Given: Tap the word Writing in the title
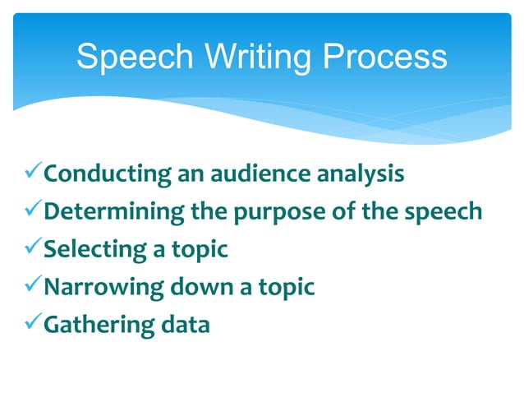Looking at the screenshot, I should [x=251, y=57].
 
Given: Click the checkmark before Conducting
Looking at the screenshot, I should [x=30, y=173].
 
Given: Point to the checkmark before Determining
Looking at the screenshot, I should [x=30, y=211].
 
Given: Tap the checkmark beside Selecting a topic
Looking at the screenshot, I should [x=30, y=249].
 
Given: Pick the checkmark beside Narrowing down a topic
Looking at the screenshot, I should [x=30, y=287].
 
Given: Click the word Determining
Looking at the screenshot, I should [x=114, y=213].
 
